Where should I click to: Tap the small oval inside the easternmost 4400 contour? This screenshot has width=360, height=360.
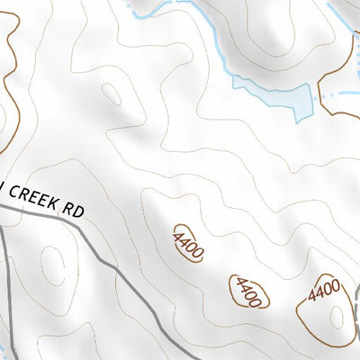click(336, 316)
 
